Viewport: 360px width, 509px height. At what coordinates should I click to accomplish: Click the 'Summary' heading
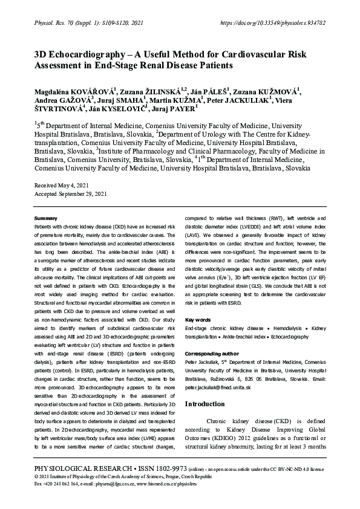(46, 217)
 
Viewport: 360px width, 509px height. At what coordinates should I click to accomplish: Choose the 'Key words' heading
(198, 319)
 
